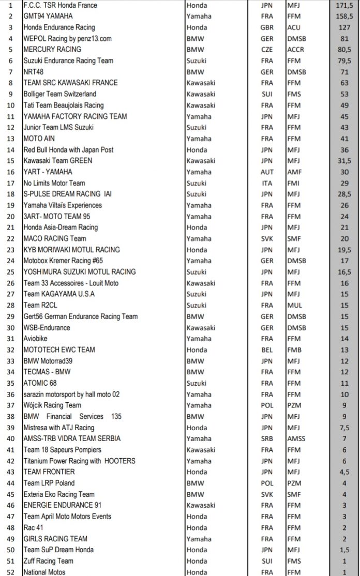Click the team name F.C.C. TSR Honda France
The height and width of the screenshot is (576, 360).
click(x=61, y=5)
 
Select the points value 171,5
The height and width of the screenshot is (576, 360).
click(x=344, y=5)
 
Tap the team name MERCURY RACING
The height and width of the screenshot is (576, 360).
click(x=52, y=50)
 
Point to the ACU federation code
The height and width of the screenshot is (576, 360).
click(x=294, y=27)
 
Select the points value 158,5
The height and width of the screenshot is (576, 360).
click(x=344, y=16)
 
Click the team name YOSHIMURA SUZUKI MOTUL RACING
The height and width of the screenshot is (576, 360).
click(x=80, y=272)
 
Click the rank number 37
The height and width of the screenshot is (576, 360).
click(x=11, y=405)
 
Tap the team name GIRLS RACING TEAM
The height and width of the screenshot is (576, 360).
click(x=55, y=539)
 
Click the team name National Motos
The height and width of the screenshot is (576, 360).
click(x=44, y=572)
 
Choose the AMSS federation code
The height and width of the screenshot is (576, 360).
click(x=296, y=438)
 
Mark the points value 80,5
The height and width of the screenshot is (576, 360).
click(x=344, y=50)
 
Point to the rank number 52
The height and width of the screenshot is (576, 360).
click(x=11, y=572)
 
